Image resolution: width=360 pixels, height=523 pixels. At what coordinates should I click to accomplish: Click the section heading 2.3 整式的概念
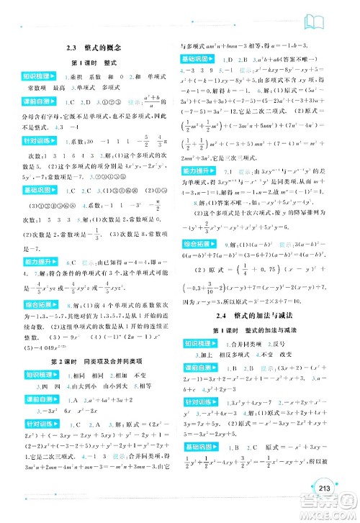87,46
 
